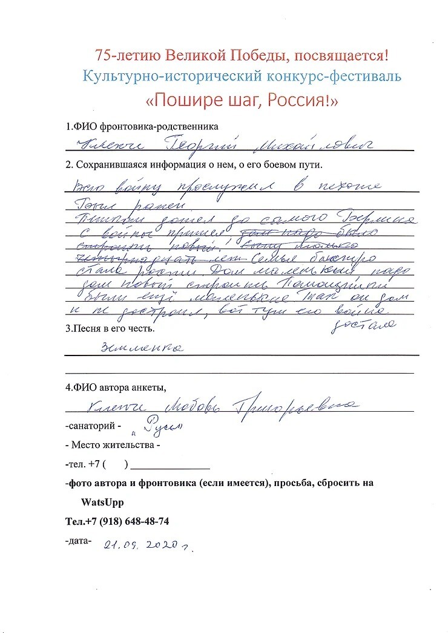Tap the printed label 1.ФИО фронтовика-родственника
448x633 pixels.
(x=142, y=127)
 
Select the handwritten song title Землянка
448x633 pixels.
(x=143, y=348)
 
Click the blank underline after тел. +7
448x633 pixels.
(x=170, y=466)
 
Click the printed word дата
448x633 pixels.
(x=79, y=540)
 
